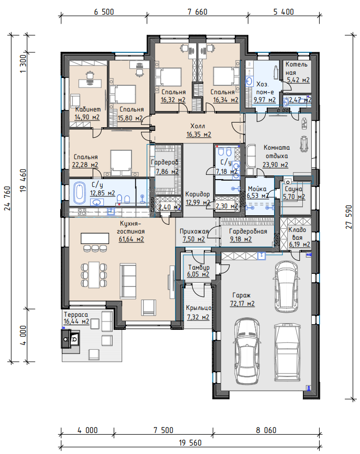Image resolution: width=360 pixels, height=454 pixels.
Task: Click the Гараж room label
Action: click(242, 295)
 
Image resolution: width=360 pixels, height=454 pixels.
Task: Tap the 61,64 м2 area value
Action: click(132, 239)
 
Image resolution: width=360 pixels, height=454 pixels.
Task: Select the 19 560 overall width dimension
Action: click(190, 442)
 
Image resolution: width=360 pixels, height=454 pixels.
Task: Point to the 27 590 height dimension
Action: click(348, 217)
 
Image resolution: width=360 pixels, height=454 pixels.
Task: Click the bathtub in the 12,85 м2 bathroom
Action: click(80, 192)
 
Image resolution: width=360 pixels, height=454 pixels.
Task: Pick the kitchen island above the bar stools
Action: click(95, 239)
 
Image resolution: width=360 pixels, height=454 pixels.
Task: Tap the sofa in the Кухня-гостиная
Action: click(128, 281)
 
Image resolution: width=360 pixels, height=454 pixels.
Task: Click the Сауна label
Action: click(293, 189)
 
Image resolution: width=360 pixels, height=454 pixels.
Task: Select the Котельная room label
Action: click(296, 68)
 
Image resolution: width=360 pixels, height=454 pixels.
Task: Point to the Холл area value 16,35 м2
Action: click(199, 135)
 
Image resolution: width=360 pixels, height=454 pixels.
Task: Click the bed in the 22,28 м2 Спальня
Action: click(121, 163)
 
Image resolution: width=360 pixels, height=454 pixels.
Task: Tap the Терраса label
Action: click(75, 314)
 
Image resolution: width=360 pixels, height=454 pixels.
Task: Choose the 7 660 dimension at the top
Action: click(198, 12)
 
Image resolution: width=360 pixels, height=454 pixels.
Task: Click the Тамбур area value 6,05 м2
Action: click(198, 274)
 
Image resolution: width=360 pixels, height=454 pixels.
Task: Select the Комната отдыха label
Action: click(277, 151)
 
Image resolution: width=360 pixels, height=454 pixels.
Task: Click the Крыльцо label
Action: click(199, 308)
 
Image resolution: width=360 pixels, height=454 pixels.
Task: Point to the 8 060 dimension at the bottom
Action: click(266, 430)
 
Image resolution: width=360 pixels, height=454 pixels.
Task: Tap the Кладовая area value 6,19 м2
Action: click(299, 245)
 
